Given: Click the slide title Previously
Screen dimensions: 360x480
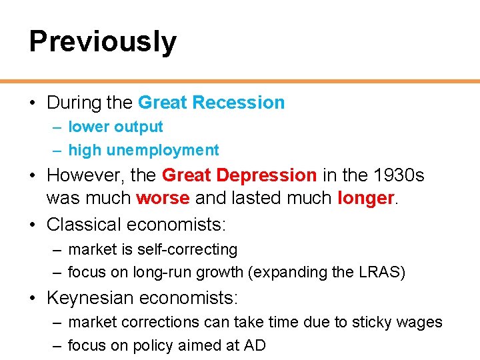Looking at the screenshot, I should [x=103, y=41].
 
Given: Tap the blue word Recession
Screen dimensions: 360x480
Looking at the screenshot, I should [x=238, y=103].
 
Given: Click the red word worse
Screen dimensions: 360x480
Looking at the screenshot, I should [x=163, y=199].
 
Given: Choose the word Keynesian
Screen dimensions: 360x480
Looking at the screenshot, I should [x=89, y=297].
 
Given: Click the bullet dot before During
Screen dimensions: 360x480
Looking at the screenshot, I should [x=33, y=103].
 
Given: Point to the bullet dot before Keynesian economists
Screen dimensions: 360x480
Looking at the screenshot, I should [x=33, y=297].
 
